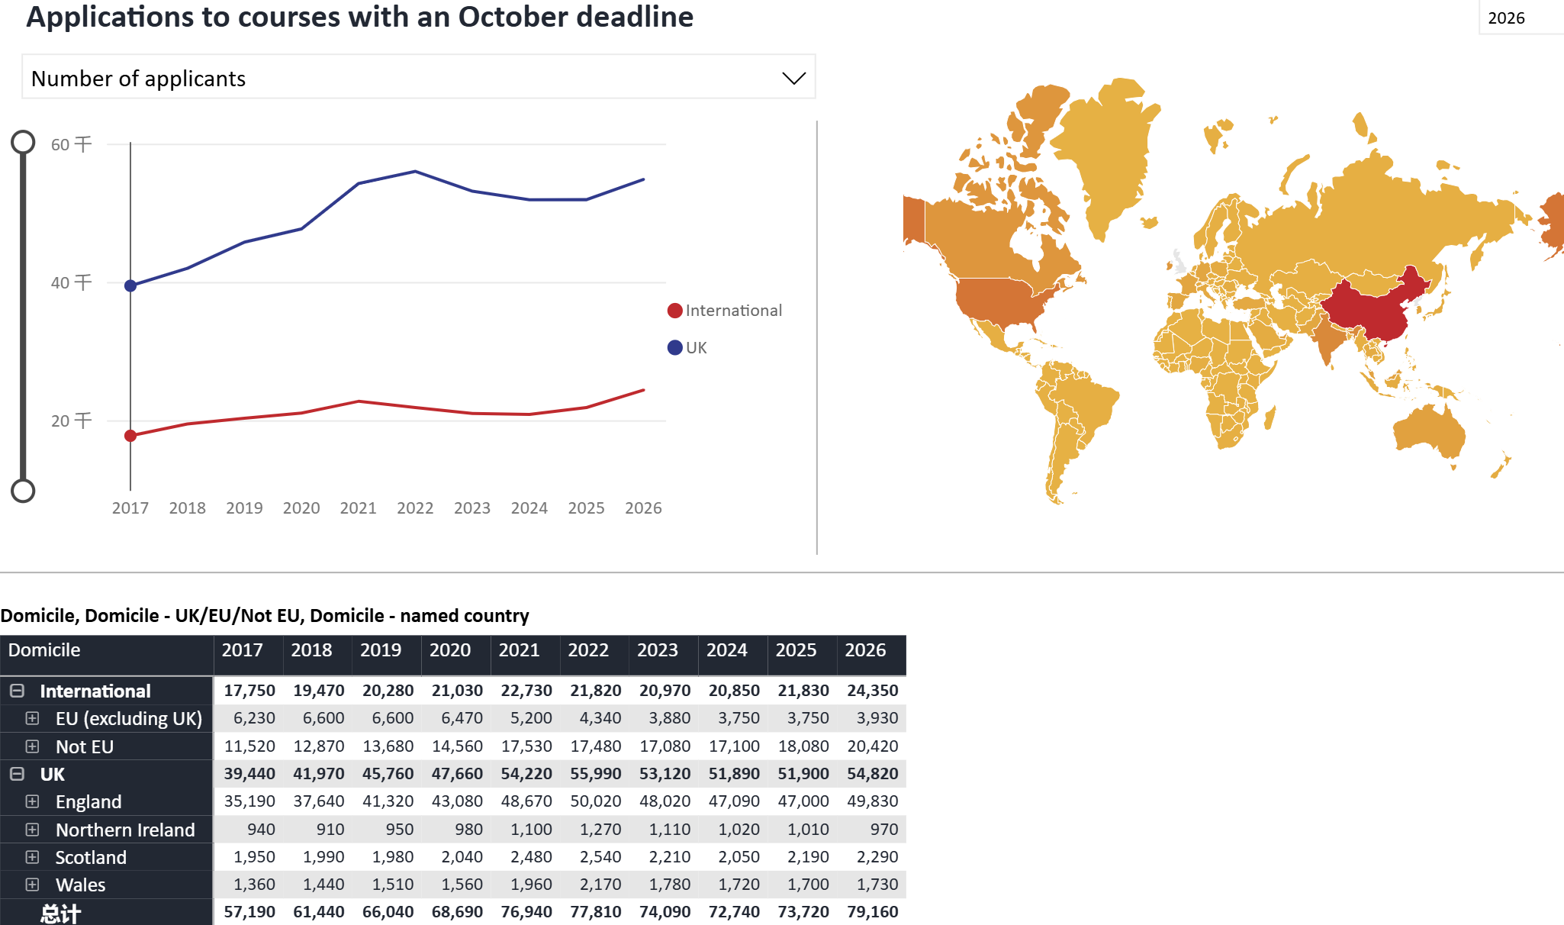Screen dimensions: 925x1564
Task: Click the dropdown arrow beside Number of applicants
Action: click(793, 79)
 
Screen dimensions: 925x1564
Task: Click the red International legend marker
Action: click(674, 311)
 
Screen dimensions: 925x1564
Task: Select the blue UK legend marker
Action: click(674, 348)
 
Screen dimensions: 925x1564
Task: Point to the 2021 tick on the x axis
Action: click(358, 508)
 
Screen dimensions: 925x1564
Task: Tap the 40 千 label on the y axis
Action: click(71, 283)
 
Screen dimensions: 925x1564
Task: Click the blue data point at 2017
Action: click(130, 285)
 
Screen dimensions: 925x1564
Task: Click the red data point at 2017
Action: click(130, 436)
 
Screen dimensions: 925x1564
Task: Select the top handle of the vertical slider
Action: click(23, 142)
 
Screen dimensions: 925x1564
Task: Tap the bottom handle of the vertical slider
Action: click(23, 491)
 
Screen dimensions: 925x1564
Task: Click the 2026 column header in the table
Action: click(865, 650)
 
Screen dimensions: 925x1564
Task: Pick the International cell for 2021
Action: click(526, 691)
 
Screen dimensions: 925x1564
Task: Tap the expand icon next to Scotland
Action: click(32, 857)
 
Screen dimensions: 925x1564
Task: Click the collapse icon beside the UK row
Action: click(17, 774)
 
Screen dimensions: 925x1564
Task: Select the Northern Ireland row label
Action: click(125, 830)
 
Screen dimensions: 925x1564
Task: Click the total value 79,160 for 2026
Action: click(872, 912)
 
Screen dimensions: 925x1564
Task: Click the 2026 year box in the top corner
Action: click(1506, 18)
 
